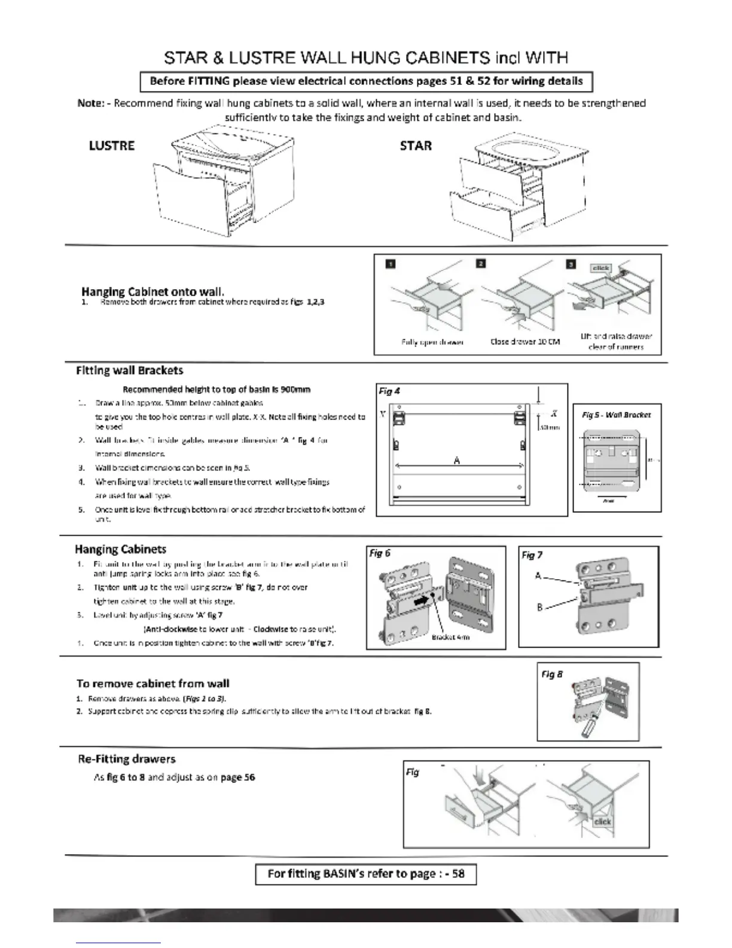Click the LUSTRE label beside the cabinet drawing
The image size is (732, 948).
tap(112, 146)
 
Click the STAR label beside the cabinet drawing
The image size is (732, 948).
tap(416, 146)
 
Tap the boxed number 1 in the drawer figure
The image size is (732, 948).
tap(390, 264)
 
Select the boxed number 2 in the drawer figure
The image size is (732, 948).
tap(481, 264)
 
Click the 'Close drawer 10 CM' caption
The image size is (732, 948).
tap(525, 342)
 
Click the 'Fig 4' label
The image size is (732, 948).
tap(389, 391)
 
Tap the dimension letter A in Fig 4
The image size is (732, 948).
tap(457, 460)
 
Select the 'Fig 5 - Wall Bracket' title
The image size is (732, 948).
tap(617, 415)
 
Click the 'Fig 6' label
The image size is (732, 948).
tap(380, 554)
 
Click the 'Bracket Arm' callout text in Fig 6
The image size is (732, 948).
tap(450, 637)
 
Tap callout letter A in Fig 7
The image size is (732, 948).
tap(538, 576)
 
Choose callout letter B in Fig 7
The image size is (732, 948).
tap(539, 607)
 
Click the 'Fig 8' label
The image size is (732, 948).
tap(551, 674)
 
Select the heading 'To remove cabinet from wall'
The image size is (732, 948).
tap(152, 683)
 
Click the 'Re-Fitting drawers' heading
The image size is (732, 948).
tap(127, 759)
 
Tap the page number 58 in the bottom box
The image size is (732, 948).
tap(458, 874)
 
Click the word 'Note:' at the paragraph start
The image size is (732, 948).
tap(91, 104)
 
